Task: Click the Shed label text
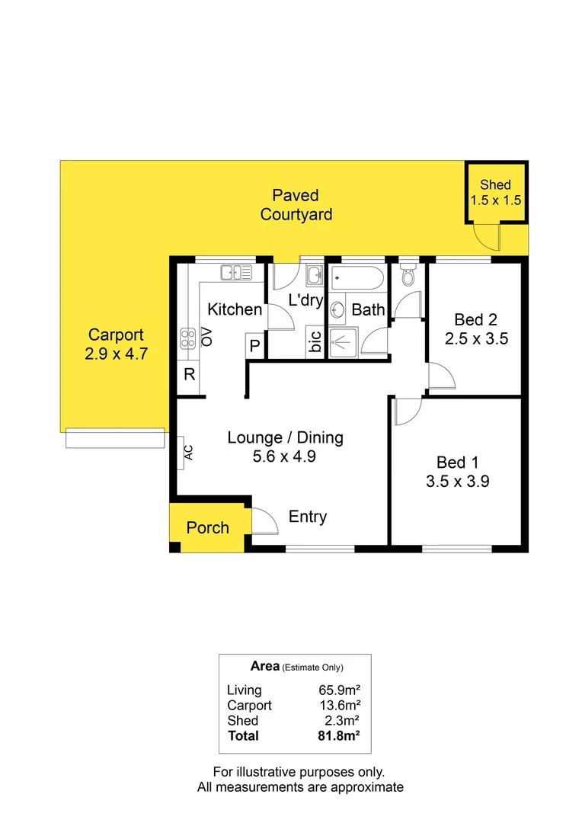coord(495,185)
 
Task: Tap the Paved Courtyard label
coord(296,205)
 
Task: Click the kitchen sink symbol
coord(237,272)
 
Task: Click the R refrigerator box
coord(188,374)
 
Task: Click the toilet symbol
coord(408,275)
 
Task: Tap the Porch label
coord(208,527)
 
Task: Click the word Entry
coord(308,517)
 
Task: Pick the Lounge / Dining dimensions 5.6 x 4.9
coord(286,457)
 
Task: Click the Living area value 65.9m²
coord(340,690)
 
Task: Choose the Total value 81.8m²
coord(339,736)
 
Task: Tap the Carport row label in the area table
coord(249,706)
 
